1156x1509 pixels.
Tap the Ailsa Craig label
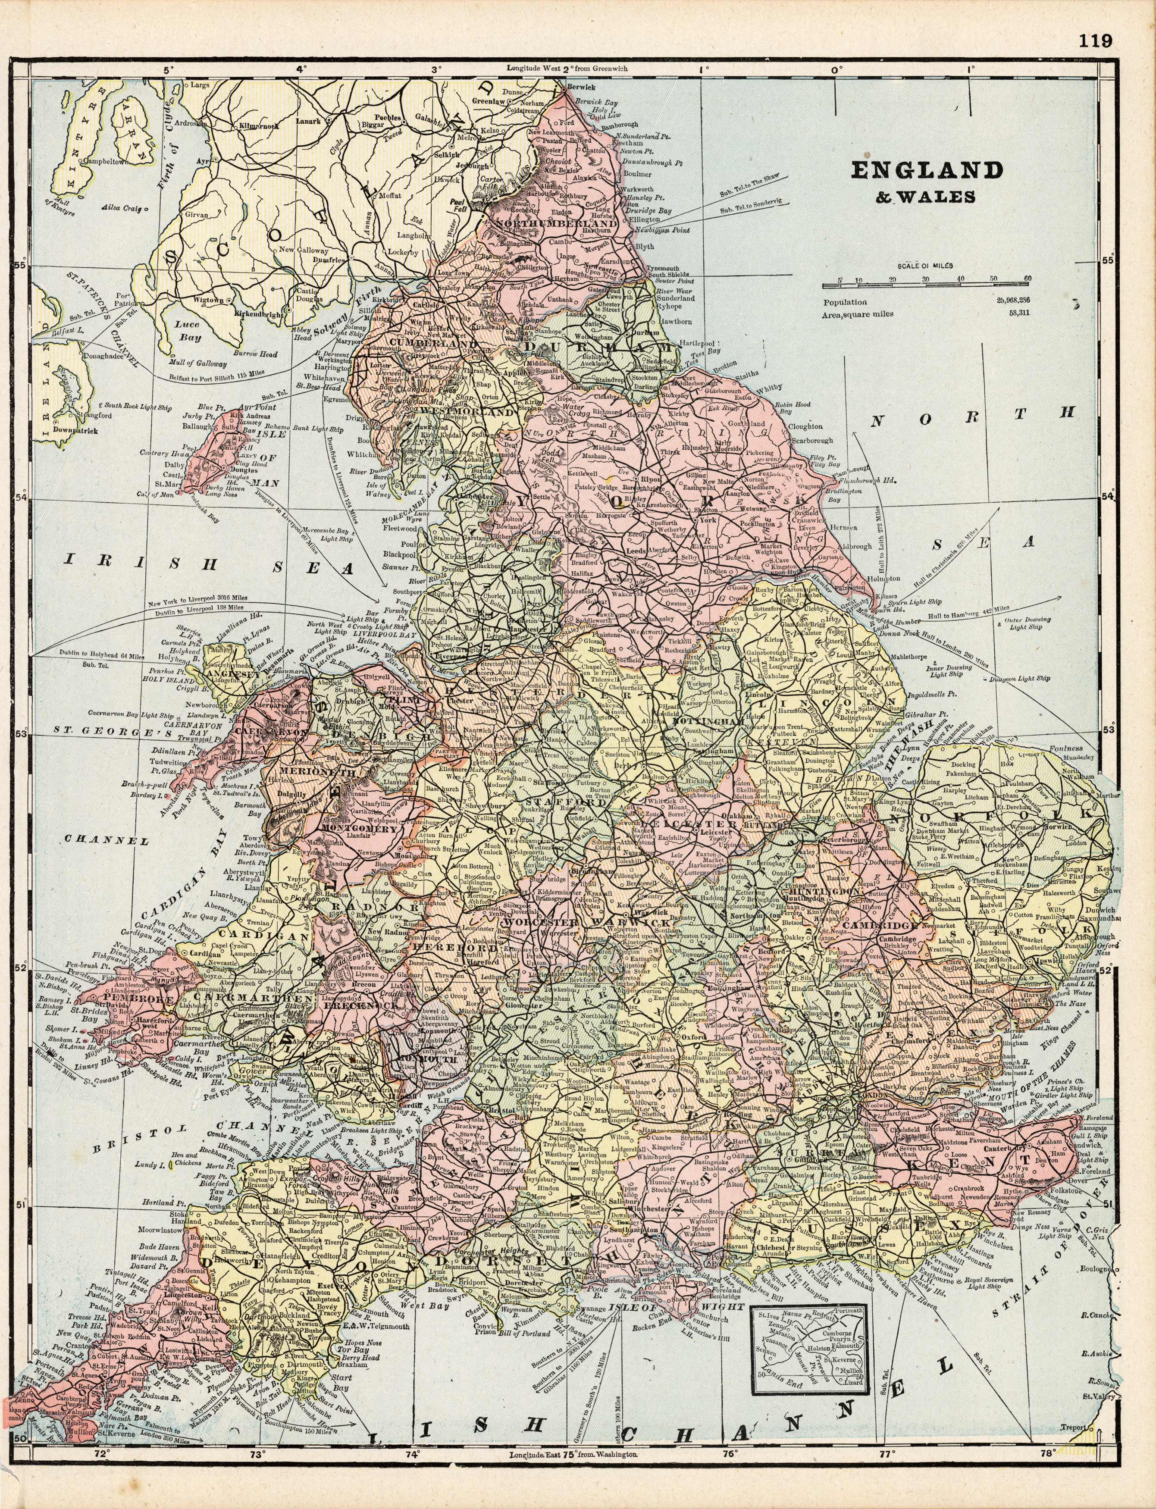point(120,207)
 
